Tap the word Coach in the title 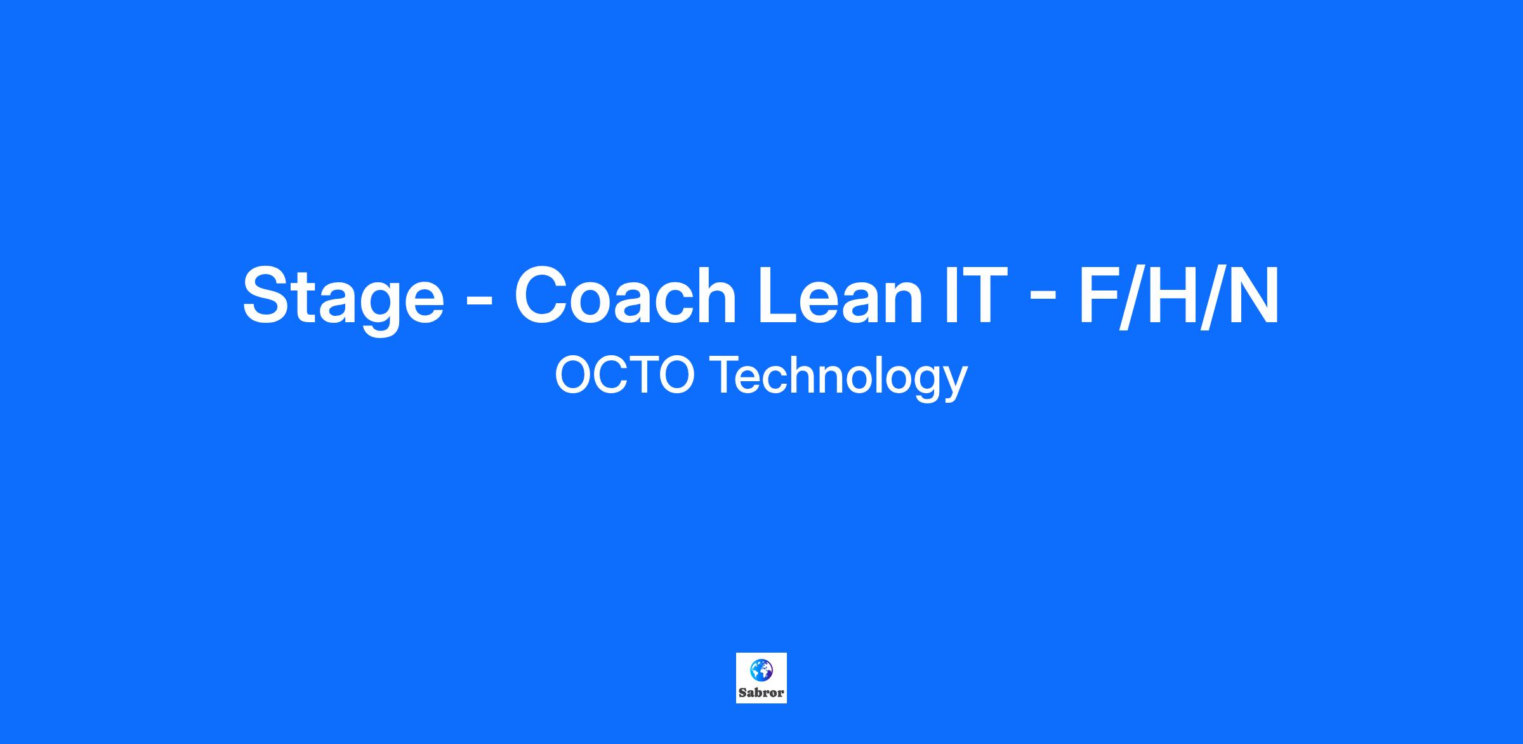click(x=625, y=294)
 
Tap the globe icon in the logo click(x=762, y=669)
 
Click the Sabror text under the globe click(x=762, y=693)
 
